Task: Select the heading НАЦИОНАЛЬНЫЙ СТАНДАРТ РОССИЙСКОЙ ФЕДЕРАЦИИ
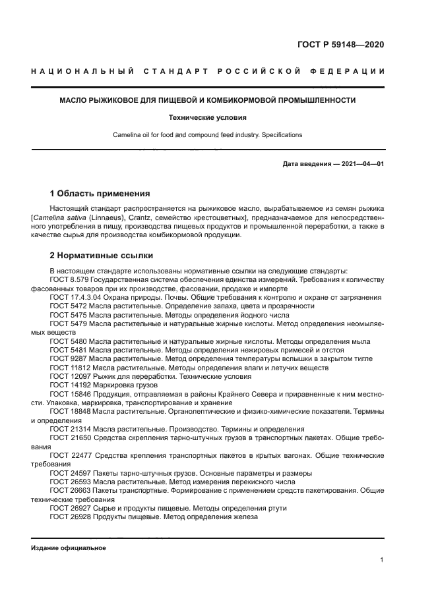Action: click(x=208, y=71)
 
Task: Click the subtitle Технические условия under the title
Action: click(x=208, y=118)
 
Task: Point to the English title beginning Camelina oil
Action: click(x=208, y=134)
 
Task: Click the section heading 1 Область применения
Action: click(x=100, y=194)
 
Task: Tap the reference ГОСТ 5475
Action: click(x=68, y=315)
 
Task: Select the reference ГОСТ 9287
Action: click(x=68, y=358)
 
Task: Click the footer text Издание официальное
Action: click(x=69, y=547)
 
